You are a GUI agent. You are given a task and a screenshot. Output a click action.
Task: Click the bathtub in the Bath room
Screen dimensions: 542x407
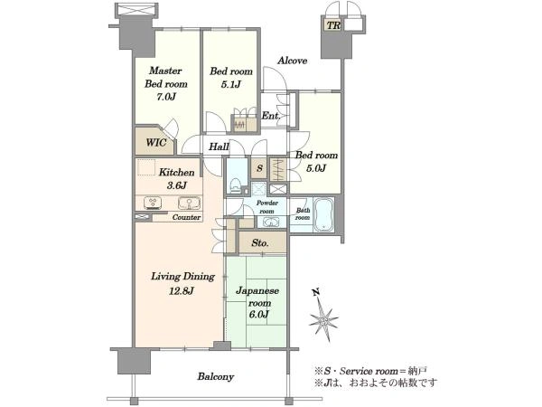323,215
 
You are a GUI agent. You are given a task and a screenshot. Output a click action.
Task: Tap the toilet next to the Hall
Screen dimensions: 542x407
236,185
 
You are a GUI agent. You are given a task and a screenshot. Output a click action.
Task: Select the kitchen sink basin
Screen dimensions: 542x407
189,203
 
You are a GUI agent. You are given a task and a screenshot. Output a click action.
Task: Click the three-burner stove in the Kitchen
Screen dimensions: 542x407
153,203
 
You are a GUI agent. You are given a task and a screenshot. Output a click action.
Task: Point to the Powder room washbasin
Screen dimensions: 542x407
271,222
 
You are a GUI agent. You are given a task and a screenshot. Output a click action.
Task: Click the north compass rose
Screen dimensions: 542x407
322,317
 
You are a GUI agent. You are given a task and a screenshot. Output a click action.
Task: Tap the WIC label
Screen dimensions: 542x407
156,143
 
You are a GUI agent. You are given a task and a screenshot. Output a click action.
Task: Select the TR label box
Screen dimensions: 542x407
333,25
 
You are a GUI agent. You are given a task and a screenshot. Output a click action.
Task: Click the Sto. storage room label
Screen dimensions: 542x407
260,243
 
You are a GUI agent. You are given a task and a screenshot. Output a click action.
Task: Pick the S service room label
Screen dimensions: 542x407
259,168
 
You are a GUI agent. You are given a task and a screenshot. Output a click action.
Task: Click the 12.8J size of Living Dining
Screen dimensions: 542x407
182,291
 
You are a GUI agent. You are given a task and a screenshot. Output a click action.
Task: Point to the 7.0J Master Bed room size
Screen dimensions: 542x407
166,97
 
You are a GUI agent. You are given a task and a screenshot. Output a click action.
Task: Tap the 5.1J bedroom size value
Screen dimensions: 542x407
230,84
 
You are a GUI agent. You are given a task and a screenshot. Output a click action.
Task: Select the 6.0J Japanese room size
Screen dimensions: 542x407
258,315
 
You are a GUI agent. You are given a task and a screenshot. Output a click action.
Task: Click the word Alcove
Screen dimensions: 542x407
293,61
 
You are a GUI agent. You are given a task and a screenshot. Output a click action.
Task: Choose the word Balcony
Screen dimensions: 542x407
216,376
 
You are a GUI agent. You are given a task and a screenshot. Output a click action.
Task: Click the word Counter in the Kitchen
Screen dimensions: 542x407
186,217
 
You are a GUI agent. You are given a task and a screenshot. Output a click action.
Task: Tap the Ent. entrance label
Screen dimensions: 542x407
271,116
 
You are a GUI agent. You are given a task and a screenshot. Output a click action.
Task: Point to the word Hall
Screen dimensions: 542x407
219,147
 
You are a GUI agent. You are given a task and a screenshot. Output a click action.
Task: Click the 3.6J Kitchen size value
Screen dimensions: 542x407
177,185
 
